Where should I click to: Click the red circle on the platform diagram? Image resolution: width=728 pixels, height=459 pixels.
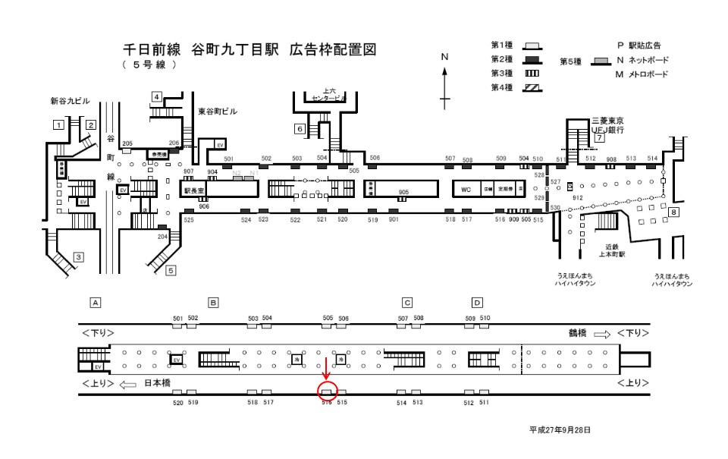point(327,391)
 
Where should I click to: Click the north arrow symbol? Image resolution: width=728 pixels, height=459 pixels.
point(445,80)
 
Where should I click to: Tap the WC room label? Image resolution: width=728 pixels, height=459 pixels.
point(467,188)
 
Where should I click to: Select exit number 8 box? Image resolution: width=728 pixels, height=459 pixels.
point(673,212)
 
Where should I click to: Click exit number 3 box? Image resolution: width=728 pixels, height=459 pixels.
point(78,257)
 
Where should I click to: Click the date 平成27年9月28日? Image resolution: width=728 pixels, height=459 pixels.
point(560,430)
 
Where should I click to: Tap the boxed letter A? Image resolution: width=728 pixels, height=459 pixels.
point(96,303)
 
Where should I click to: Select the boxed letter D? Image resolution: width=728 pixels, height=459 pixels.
point(477,303)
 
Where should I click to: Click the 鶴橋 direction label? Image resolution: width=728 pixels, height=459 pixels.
point(579,333)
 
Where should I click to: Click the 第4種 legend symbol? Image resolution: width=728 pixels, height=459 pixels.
point(533,87)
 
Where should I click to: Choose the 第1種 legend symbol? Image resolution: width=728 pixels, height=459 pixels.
point(533,46)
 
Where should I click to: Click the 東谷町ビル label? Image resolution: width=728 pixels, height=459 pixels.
point(218,112)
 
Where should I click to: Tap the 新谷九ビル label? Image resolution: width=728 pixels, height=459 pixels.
point(70,100)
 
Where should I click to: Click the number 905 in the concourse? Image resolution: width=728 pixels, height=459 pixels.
point(403,193)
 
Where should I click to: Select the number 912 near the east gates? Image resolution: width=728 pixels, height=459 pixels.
point(578,197)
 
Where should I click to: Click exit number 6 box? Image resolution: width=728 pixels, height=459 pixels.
point(300,129)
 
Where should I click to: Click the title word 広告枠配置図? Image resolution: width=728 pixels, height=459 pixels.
point(331,49)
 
